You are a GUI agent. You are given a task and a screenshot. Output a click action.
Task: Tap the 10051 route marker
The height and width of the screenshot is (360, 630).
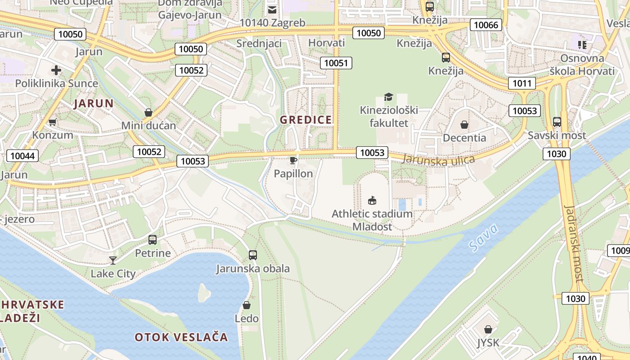(336, 63)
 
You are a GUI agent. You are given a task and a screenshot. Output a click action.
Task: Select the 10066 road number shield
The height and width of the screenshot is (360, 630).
(486, 25)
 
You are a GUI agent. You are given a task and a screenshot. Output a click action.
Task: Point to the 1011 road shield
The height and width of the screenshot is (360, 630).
(522, 83)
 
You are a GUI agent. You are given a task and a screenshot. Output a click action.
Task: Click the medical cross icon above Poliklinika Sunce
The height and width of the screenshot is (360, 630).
(56, 70)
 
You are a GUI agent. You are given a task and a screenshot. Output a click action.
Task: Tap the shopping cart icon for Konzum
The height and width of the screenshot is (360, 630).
(53, 122)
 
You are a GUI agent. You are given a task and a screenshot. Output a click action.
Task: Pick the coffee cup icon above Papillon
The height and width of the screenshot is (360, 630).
(293, 160)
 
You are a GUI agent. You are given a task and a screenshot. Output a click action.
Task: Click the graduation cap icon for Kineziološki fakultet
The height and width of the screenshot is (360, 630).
(388, 96)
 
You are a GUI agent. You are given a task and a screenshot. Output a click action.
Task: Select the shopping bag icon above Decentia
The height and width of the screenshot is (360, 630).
(464, 124)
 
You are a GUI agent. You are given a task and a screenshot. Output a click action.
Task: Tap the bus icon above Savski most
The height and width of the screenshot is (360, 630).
(557, 121)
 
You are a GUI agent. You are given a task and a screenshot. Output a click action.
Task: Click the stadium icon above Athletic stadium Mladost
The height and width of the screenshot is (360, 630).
(372, 200)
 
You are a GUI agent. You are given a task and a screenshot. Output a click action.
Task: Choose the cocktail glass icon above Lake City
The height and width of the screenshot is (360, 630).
(112, 260)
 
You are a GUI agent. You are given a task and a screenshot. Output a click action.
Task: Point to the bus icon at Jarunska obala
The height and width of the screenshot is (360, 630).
(253, 255)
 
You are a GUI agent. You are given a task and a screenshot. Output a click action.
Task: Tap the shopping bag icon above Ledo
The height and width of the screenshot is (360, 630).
(247, 305)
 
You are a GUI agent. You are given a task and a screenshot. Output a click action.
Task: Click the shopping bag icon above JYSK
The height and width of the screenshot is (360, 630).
(488, 329)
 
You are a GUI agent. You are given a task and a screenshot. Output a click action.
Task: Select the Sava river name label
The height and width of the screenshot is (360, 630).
(483, 237)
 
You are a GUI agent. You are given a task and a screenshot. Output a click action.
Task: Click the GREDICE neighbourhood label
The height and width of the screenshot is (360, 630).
(306, 120)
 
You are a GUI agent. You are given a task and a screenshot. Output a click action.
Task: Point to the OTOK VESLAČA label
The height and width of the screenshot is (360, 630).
(181, 337)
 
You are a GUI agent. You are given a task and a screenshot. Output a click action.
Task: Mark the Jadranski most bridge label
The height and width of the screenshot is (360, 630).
(574, 243)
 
